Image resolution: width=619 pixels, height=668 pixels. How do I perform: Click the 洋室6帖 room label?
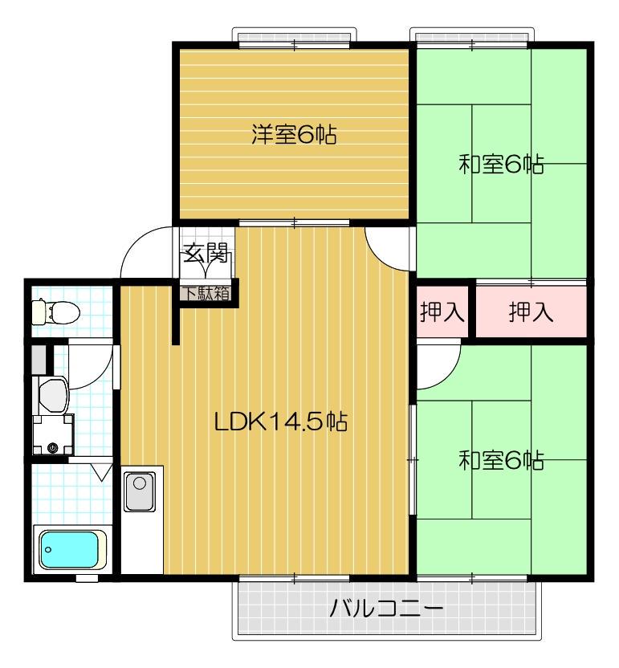(293, 134)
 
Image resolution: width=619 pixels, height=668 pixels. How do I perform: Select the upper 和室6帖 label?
(501, 165)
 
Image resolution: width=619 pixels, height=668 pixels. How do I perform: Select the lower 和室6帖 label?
(501, 460)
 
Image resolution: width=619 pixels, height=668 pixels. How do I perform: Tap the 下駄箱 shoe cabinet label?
(204, 293)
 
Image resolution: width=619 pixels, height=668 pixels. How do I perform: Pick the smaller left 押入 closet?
(442, 312)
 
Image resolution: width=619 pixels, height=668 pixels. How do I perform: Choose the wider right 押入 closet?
(531, 312)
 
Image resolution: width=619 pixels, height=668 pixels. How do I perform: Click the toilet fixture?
(55, 310)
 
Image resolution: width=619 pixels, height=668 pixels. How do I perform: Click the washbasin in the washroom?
(54, 394)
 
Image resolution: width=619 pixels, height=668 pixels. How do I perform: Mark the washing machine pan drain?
(53, 447)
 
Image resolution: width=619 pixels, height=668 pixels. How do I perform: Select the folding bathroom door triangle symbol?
(101, 471)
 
